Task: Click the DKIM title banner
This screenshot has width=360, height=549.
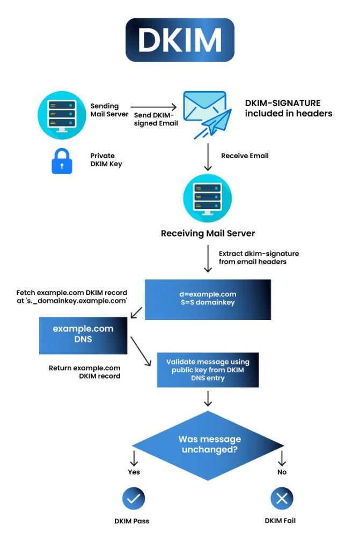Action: click(180, 40)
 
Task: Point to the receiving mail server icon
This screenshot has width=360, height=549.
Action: click(207, 197)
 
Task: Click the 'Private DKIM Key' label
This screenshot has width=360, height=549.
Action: click(106, 160)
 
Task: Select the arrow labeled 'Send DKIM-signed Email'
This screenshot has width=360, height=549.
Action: click(153, 107)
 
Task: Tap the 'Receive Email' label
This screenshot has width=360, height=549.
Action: click(245, 155)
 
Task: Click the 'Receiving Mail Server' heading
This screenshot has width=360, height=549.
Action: click(207, 233)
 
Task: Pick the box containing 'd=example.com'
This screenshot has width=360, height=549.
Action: click(208, 299)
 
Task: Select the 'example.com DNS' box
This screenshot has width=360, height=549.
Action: click(83, 335)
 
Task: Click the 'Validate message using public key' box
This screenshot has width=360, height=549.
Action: click(208, 370)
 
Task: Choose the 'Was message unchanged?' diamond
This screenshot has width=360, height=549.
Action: click(208, 445)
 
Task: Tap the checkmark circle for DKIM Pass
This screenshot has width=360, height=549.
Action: click(134, 499)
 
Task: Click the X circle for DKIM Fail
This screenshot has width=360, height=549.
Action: click(282, 499)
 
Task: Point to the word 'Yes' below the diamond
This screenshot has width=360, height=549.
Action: click(134, 472)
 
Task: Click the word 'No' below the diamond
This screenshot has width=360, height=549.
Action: click(282, 472)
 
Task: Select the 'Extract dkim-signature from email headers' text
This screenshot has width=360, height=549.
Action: click(259, 257)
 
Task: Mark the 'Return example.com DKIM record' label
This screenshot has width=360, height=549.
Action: click(84, 372)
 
